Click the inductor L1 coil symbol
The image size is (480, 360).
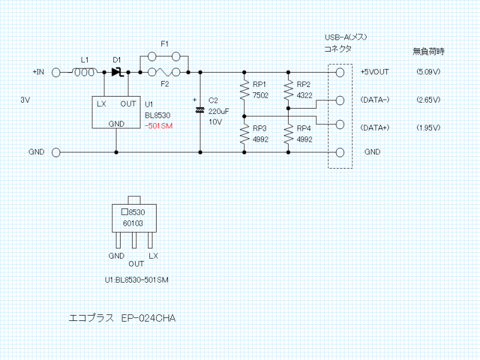pyautogui.click(x=84, y=72)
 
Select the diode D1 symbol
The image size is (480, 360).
pyautogui.click(x=117, y=72)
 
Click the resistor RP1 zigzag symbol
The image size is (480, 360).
pyautogui.click(x=244, y=91)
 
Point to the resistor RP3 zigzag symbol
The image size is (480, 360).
pyautogui.click(x=244, y=134)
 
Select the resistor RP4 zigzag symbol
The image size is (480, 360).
pyautogui.click(x=289, y=134)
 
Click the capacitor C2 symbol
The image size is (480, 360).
pyautogui.click(x=200, y=110)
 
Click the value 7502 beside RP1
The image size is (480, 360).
pyautogui.click(x=260, y=95)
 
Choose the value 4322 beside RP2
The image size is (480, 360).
pyautogui.click(x=304, y=95)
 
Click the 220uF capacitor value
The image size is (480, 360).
pyautogui.click(x=219, y=111)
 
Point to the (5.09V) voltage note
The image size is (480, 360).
pyautogui.click(x=428, y=72)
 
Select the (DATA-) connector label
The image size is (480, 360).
pyautogui.click(x=375, y=100)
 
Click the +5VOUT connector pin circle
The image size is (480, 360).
pyautogui.click(x=340, y=72)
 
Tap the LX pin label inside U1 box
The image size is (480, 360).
pyautogui.click(x=102, y=104)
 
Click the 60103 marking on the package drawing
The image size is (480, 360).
pyautogui.click(x=134, y=223)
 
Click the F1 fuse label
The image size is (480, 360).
pyautogui.click(x=164, y=44)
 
